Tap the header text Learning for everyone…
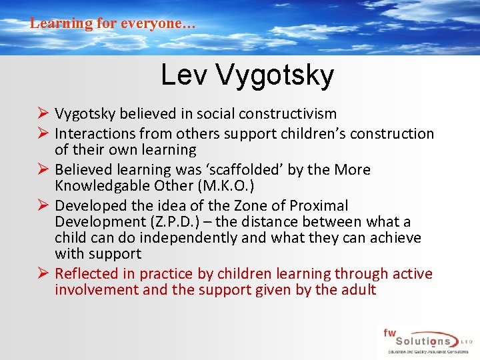click(x=113, y=23)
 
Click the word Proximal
click(x=317, y=206)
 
